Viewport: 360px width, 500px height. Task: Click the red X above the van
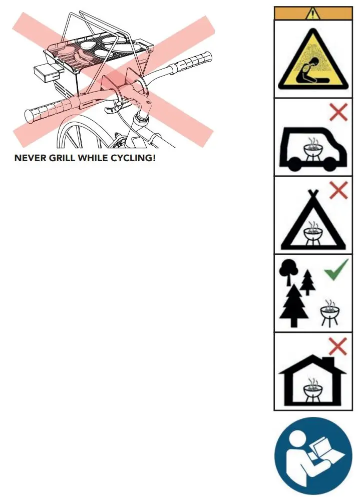339,113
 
